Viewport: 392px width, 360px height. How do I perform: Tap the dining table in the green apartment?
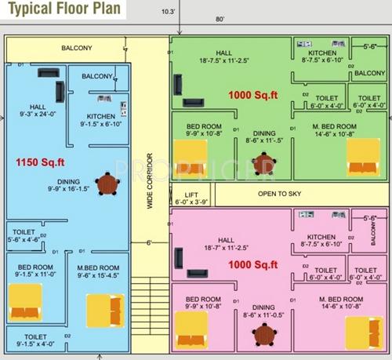click(264, 165)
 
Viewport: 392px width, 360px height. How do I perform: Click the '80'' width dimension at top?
click(221, 18)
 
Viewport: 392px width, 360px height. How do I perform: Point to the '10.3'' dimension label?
click(169, 11)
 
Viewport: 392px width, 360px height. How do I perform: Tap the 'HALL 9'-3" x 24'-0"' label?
click(38, 111)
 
